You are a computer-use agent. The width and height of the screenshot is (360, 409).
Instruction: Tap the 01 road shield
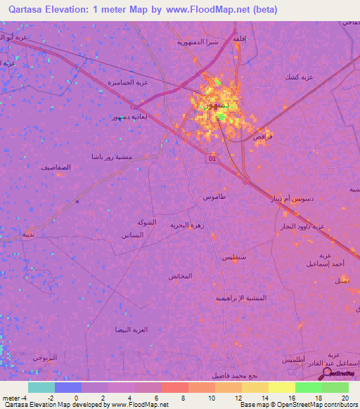click(212, 159)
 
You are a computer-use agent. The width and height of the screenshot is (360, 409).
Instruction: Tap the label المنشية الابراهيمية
click(240, 297)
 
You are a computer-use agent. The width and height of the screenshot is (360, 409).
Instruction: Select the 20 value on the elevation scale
click(345, 397)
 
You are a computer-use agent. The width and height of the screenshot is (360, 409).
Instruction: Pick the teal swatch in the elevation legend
click(41, 387)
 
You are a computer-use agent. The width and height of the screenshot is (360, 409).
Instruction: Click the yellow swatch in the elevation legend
click(281, 387)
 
